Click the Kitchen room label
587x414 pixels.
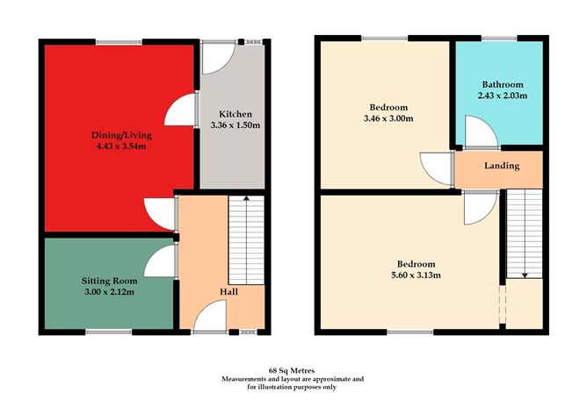[235, 114]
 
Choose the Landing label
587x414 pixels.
[502, 166]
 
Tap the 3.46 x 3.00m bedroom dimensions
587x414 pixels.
[383, 118]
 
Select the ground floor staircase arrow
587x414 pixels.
[246, 201]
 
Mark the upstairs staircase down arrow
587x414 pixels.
[525, 274]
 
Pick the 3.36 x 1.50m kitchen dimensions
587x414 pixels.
[235, 125]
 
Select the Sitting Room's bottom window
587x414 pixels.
[110, 331]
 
